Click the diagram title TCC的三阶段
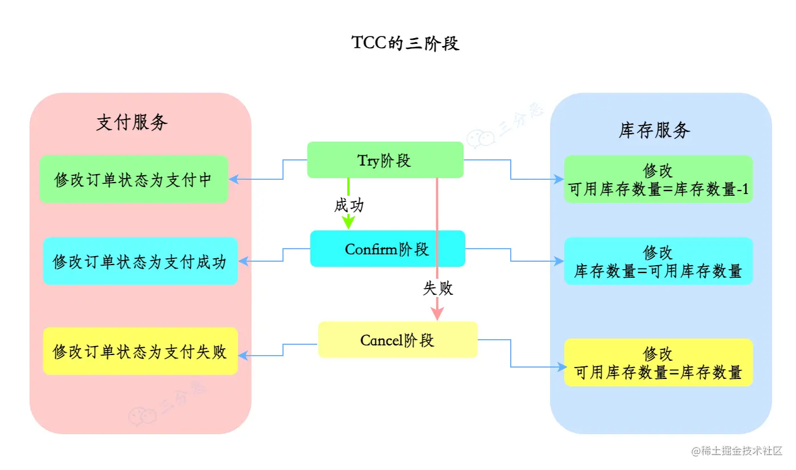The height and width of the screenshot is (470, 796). [405, 44]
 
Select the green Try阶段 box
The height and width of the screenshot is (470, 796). [385, 160]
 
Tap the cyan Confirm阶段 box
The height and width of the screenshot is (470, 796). [387, 249]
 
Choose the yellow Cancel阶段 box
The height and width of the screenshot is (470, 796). [397, 340]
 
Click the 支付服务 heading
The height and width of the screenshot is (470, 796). [132, 122]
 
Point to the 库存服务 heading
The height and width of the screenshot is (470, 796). [654, 130]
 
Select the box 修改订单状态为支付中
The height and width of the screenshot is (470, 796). [134, 180]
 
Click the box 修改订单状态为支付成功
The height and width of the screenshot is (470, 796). [140, 261]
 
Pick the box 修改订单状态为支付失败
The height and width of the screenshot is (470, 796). [140, 351]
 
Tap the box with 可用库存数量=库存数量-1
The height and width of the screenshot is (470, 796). [658, 180]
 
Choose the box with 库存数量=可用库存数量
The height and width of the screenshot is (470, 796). [658, 261]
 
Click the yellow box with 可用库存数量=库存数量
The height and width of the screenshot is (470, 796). [658, 362]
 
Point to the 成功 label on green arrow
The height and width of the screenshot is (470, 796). [348, 205]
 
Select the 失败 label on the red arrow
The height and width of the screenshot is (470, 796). [437, 288]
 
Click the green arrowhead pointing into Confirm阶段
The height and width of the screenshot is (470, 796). [348, 223]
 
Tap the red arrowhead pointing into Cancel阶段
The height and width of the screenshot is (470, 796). [437, 314]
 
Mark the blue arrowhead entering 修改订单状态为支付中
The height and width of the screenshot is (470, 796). [234, 179]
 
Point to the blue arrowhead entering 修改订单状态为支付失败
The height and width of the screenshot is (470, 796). [243, 356]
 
